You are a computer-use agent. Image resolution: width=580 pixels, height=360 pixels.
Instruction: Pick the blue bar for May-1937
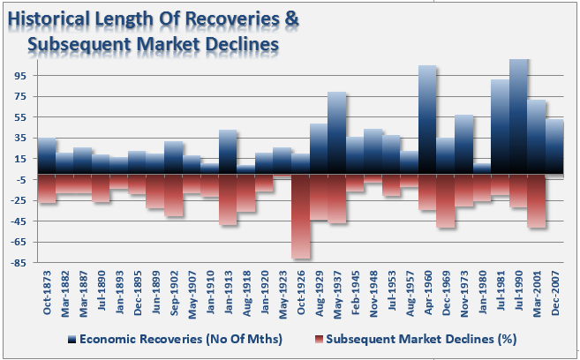tap(337, 133)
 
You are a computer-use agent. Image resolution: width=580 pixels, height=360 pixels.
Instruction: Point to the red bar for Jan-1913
tap(228, 199)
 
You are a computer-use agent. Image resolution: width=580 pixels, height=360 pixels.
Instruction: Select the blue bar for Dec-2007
tap(554, 146)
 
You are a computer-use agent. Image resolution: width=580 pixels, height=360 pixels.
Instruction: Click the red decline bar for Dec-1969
tap(446, 201)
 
